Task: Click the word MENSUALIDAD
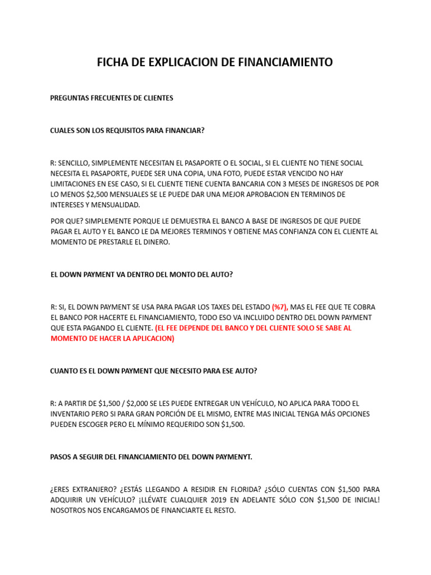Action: click(113, 205)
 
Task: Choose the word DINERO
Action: click(160, 242)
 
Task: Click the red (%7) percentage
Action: click(280, 307)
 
